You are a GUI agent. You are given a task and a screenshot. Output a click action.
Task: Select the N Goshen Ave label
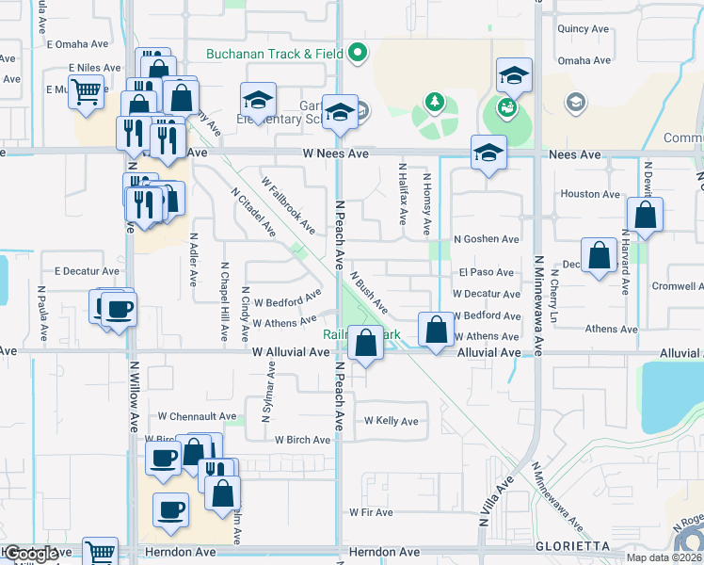click(x=486, y=240)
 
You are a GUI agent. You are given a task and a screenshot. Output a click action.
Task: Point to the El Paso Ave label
click(x=487, y=273)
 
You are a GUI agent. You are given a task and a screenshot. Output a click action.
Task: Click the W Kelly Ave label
click(x=391, y=421)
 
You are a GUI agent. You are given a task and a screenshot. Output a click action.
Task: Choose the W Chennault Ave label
click(x=197, y=416)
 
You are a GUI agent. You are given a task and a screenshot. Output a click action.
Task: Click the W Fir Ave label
click(x=370, y=512)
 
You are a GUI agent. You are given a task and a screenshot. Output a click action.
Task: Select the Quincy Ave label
click(x=585, y=29)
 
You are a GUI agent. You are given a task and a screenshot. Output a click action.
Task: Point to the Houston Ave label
click(x=591, y=194)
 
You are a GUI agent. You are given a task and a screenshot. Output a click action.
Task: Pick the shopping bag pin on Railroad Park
click(x=365, y=343)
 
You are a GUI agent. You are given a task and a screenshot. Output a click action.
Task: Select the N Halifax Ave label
click(x=402, y=193)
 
